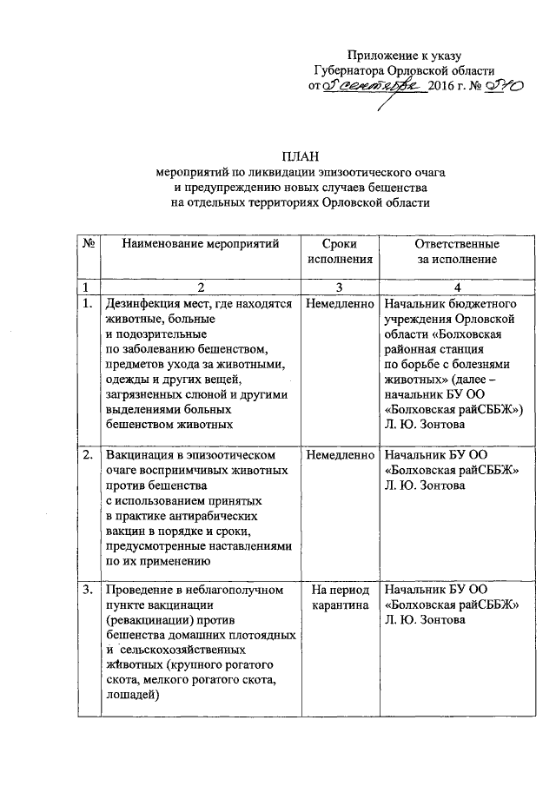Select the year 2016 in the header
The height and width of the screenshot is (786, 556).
[445, 87]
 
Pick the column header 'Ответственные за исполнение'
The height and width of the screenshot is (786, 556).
[456, 251]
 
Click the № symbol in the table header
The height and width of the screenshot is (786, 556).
[88, 244]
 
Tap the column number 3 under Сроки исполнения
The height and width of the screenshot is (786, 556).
[340, 287]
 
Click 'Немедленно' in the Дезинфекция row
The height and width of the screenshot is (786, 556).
[340, 305]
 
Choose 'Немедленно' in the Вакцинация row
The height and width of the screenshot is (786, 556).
[340, 454]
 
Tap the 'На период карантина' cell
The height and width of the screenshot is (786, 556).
[340, 598]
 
